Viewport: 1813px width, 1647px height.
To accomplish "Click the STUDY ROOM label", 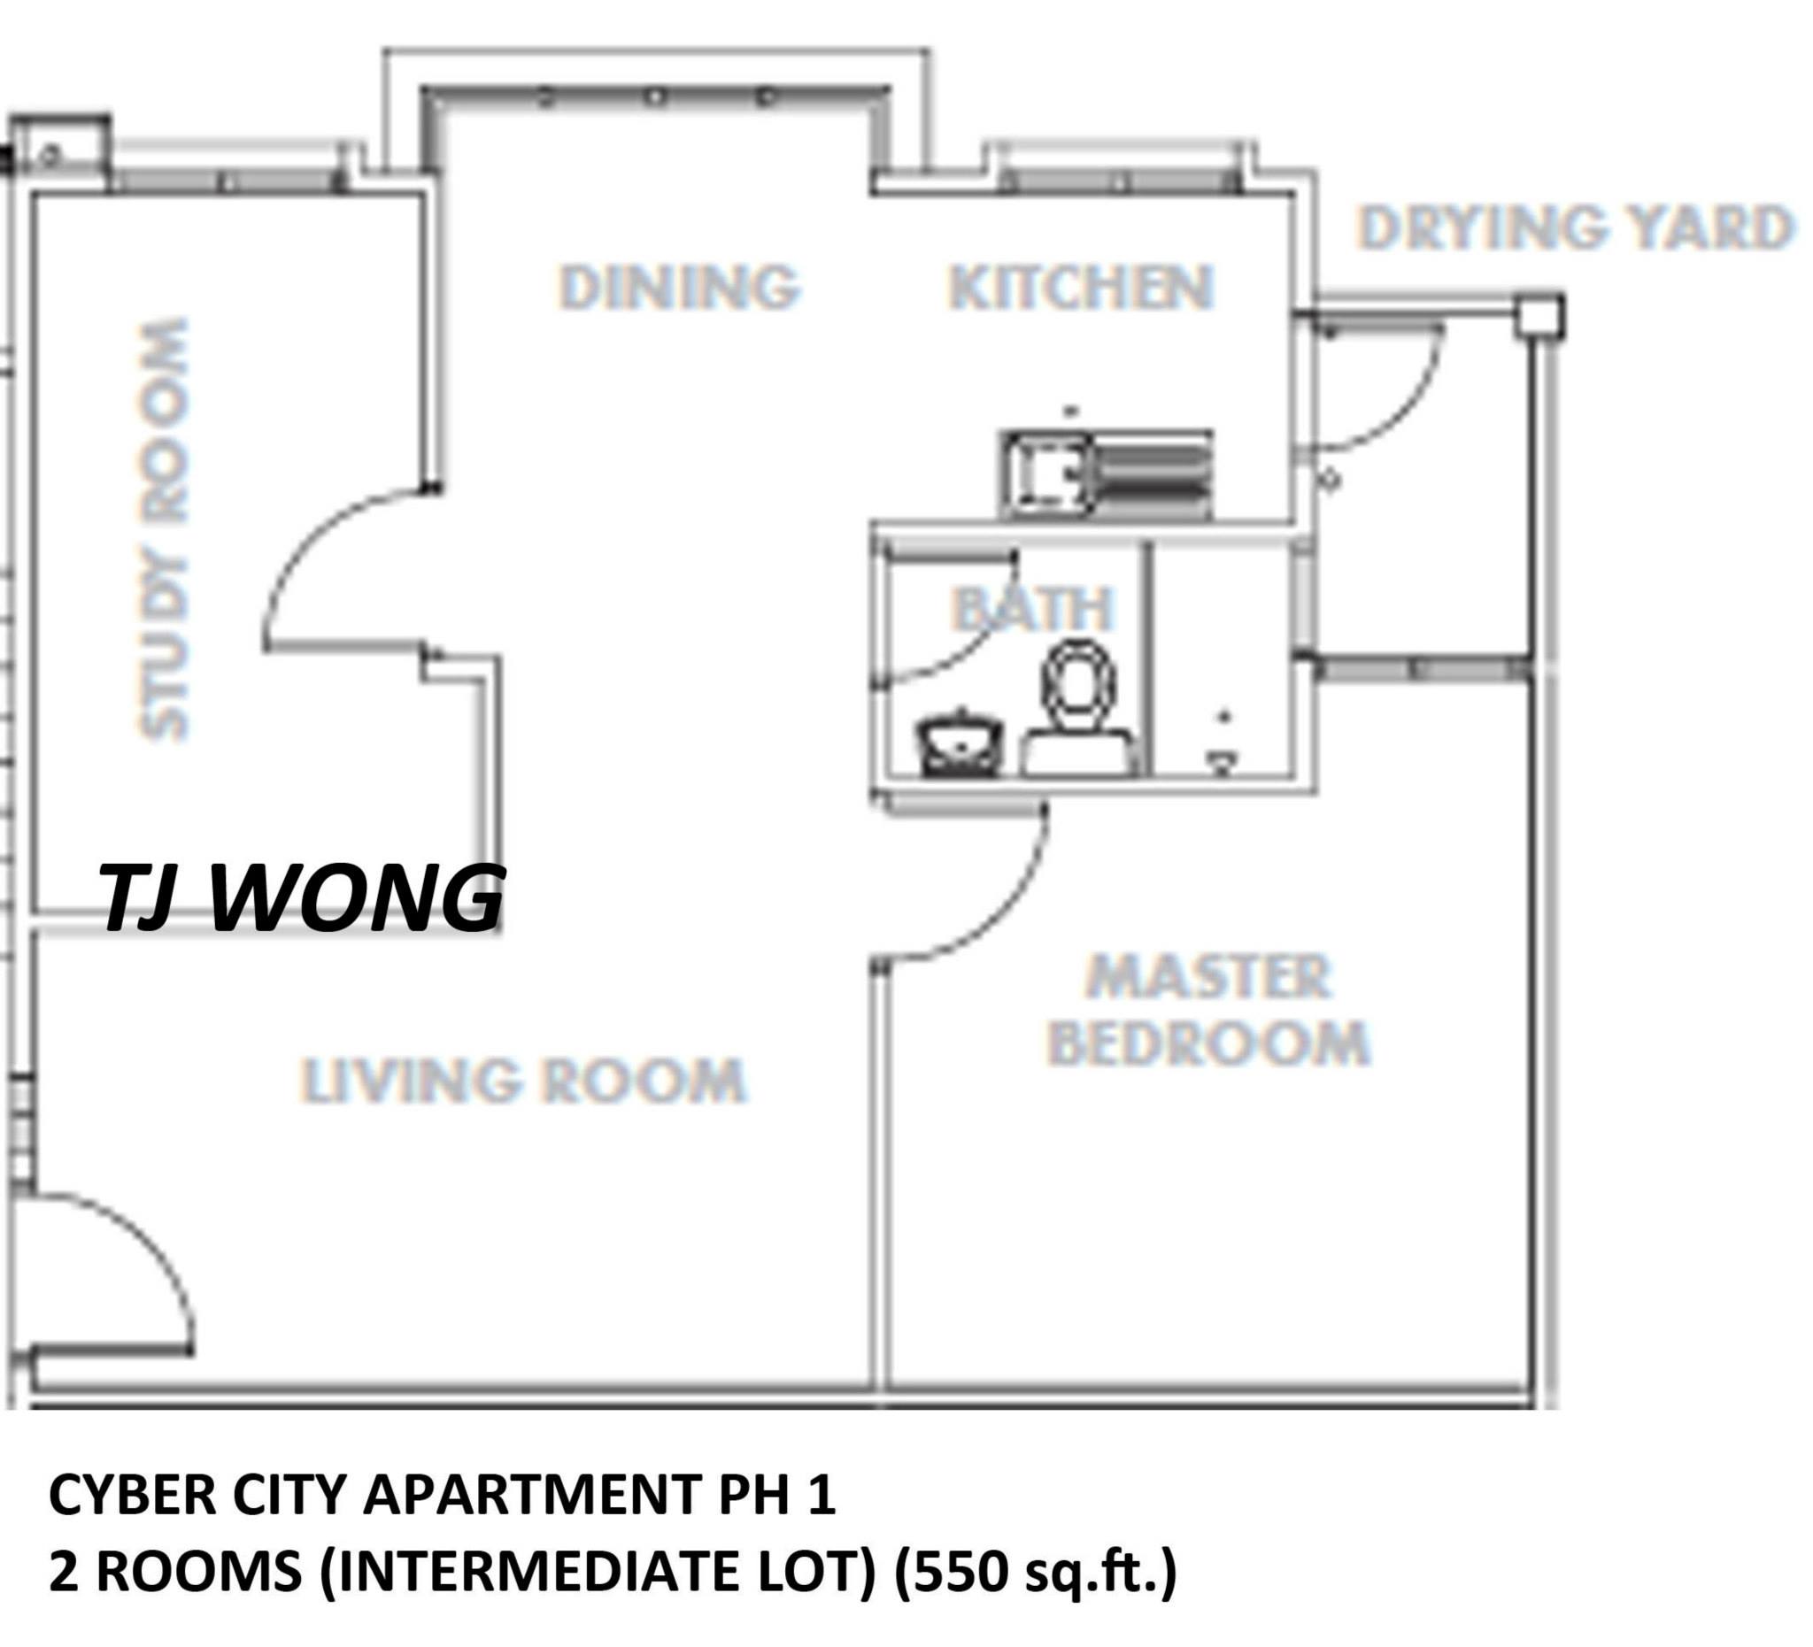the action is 165,528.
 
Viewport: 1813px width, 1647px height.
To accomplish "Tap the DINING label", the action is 679,287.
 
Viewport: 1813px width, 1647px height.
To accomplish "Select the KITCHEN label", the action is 1081,288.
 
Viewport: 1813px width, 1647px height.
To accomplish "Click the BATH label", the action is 1032,609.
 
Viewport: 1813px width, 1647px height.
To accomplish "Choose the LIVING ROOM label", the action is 523,1080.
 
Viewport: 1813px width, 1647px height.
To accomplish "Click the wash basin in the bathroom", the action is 959,745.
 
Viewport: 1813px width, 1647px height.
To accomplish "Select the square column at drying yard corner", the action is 1539,317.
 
